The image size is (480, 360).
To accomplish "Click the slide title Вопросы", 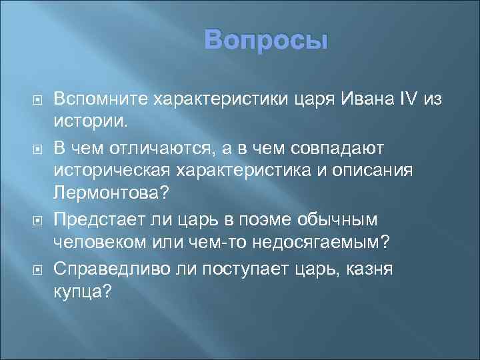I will tap(266, 41).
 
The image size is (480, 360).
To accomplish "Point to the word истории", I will tap(83, 123).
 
